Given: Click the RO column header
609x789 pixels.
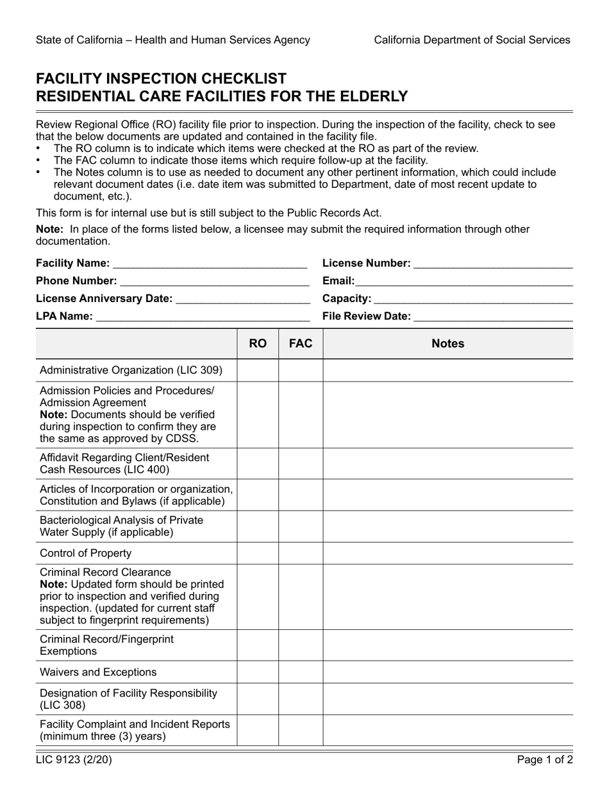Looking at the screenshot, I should pos(258,344).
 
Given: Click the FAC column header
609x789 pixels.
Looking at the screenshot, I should pos(301,344).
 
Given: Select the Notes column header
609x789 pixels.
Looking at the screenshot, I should pos(447,344).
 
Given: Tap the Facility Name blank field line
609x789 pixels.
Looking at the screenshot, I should pos(210,264).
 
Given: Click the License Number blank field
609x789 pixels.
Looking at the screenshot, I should pos(493,264).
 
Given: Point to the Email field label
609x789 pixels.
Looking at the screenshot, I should pos(338,281).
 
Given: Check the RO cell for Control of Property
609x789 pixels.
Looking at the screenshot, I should pos(258,553).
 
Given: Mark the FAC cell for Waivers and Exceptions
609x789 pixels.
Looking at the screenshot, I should pos(301,672).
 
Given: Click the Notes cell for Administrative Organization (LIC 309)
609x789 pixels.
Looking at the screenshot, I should pos(447,370).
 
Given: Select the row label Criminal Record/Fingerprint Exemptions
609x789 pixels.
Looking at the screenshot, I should pos(106,645).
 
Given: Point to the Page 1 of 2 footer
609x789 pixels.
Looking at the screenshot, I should pos(546,761).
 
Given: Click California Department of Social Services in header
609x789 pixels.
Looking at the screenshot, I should pos(472,40).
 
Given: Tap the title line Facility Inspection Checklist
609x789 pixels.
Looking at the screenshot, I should pos(162,79).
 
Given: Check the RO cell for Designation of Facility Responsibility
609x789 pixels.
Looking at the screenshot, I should pos(258,699).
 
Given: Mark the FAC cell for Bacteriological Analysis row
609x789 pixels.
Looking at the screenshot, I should pos(301,526).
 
